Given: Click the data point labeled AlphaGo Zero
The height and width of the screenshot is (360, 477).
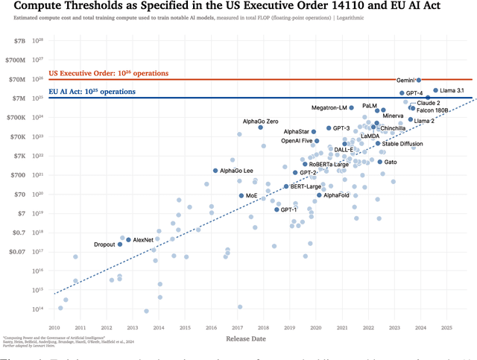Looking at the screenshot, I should [261, 127].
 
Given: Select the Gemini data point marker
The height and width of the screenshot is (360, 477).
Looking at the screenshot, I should [419, 80].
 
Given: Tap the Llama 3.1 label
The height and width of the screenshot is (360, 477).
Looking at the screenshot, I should [449, 90].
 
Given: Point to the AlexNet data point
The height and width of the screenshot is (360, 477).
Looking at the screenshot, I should [128, 240].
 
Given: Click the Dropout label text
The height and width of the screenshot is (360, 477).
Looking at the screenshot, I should [104, 244].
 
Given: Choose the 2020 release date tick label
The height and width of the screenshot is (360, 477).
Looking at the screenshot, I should [315, 327].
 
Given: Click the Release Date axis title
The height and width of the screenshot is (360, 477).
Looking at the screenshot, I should [247, 340].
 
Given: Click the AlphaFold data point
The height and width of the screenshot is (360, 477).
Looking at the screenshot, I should [319, 195].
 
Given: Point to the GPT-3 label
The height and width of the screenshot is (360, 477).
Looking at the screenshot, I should [341, 128].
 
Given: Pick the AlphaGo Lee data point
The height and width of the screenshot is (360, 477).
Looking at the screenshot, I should [215, 171].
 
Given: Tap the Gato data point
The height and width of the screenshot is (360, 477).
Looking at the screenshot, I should [379, 162].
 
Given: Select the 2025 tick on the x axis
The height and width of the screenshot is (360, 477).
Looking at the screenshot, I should [446, 327].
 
